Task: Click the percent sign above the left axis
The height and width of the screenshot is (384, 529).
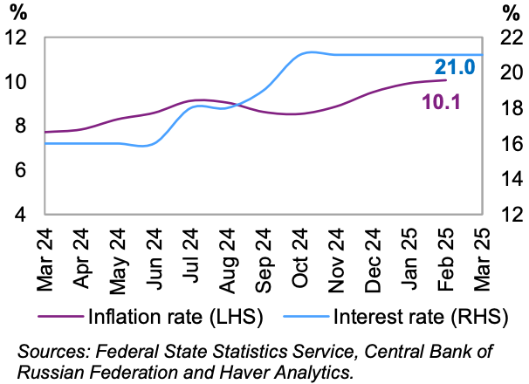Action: pyautogui.click(x=17, y=13)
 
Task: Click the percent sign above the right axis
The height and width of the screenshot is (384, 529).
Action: pyautogui.click(x=511, y=13)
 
